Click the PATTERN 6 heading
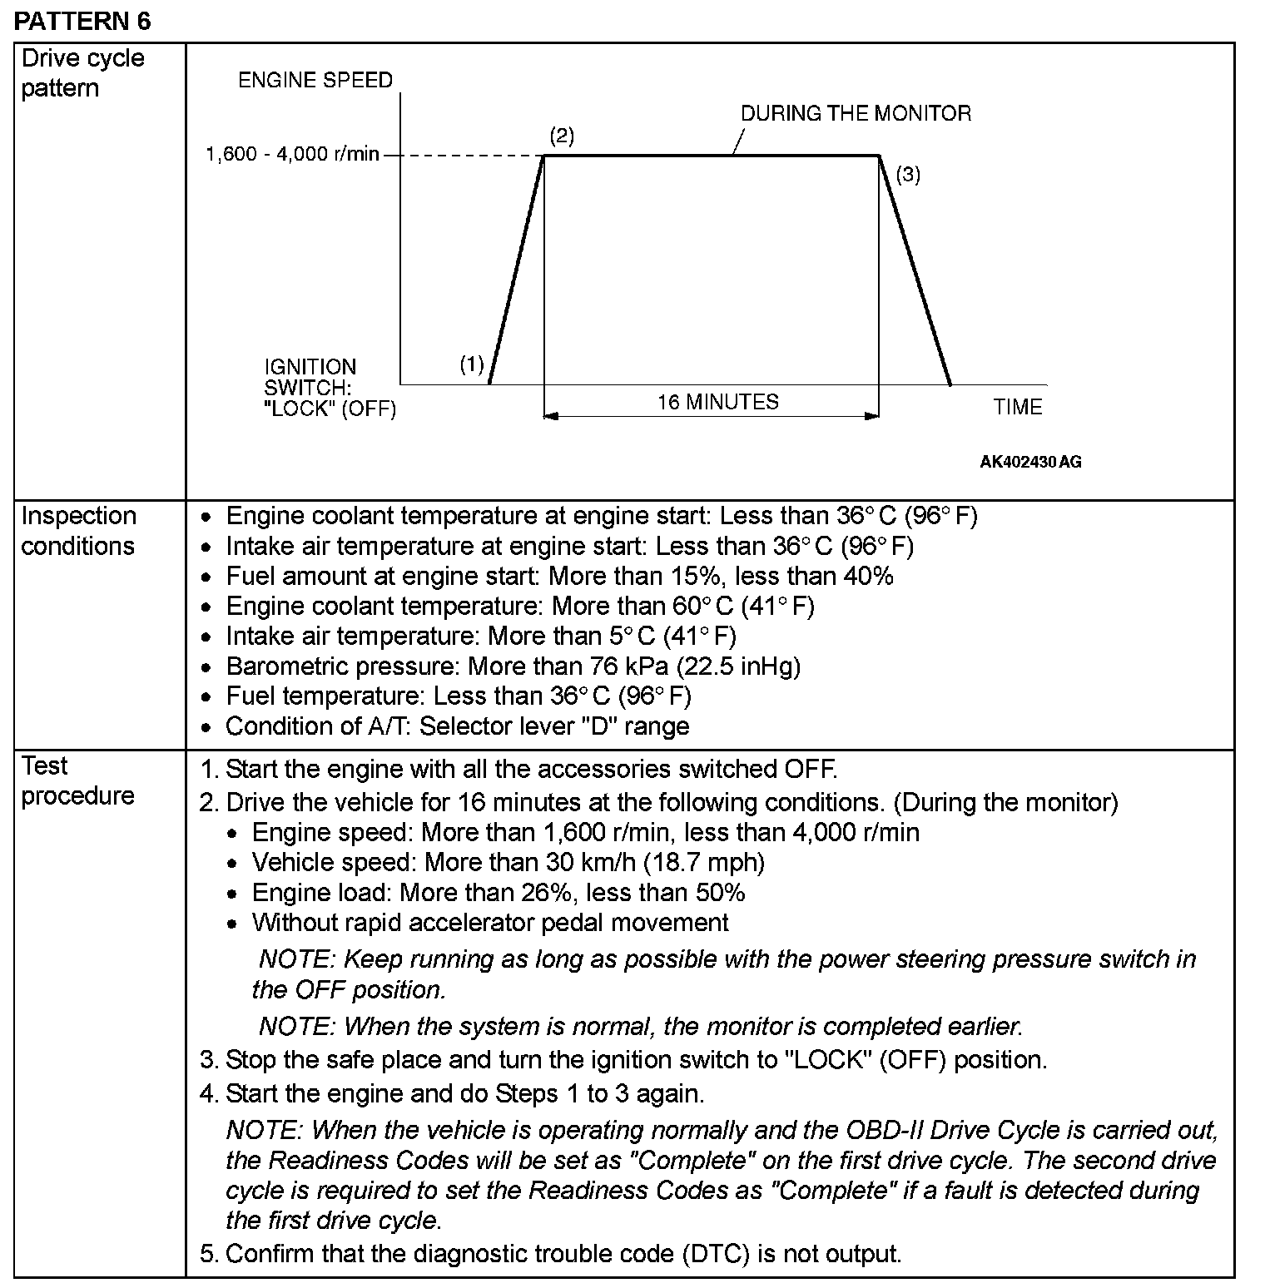(82, 21)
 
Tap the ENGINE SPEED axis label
(315, 80)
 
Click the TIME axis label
(1017, 407)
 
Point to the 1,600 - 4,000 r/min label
(292, 154)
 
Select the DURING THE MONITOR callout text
(856, 113)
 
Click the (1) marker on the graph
(472, 364)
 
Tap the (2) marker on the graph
(562, 136)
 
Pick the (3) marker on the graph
(908, 175)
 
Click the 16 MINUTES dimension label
(717, 402)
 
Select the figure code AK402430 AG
(1030, 462)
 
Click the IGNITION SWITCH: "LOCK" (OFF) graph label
(330, 388)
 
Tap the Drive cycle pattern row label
(82, 73)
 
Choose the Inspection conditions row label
(78, 531)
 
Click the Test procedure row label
(77, 780)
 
